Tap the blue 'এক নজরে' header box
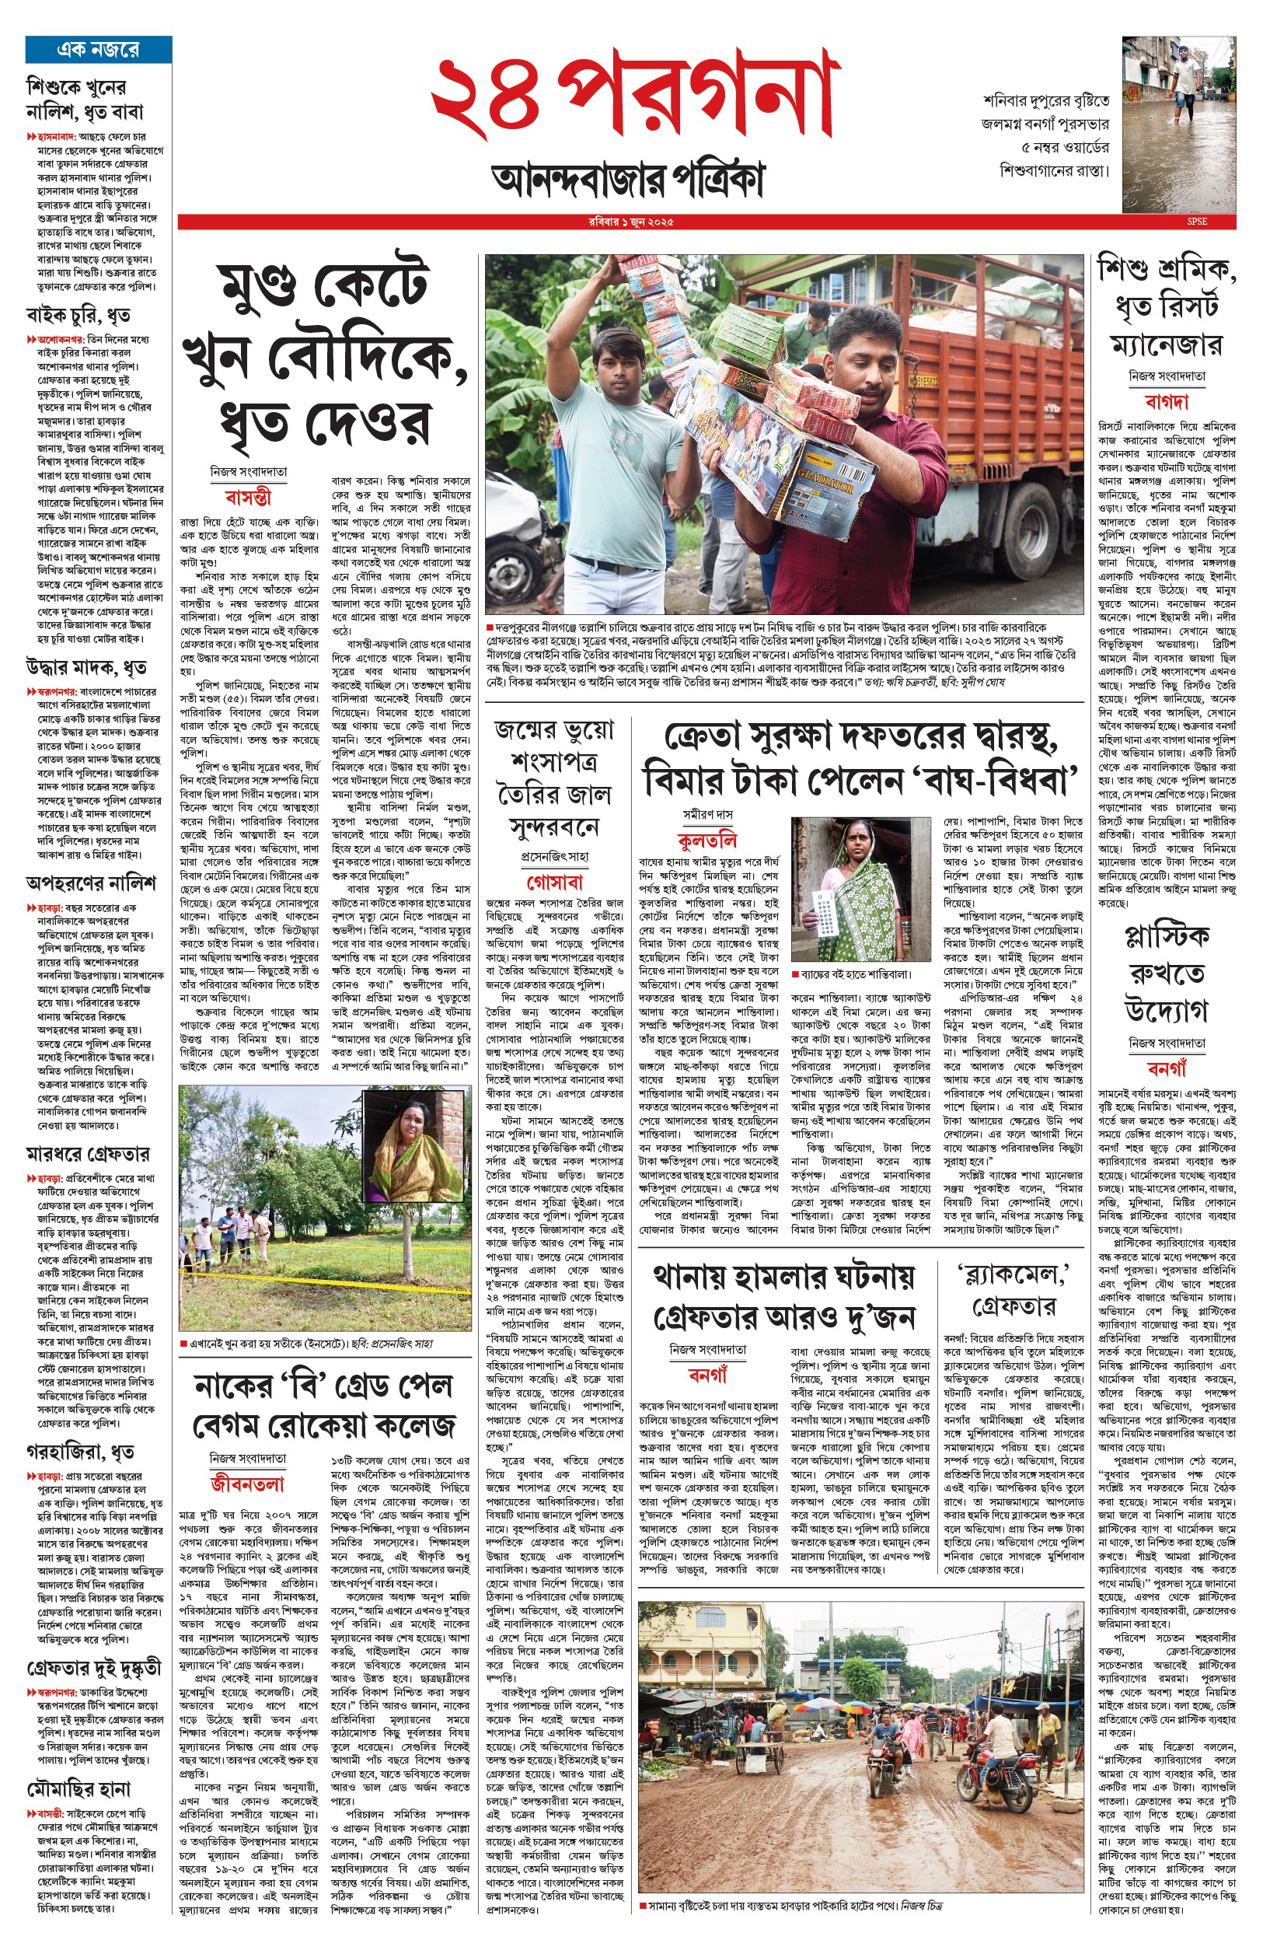coord(99,49)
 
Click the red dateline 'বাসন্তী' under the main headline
coord(248,498)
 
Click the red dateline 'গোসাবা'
coord(554,882)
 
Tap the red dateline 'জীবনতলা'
coord(248,1483)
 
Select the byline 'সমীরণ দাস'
coord(709,815)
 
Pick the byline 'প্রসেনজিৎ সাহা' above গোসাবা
coord(554,856)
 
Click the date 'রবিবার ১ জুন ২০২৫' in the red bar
coord(631,222)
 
